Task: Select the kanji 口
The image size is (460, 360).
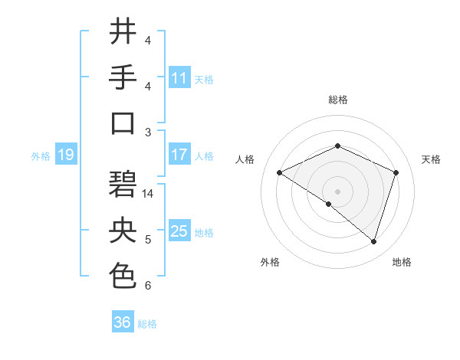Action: pyautogui.click(x=123, y=123)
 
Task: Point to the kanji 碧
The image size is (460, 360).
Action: pyautogui.click(x=123, y=185)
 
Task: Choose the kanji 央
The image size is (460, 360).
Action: pyautogui.click(x=123, y=231)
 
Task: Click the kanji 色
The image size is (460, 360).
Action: pyautogui.click(x=123, y=277)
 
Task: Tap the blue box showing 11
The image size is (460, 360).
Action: pyautogui.click(x=179, y=78)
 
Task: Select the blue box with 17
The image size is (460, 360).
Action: pyautogui.click(x=179, y=155)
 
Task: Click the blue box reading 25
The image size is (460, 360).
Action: pyautogui.click(x=179, y=231)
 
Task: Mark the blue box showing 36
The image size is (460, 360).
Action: pyautogui.click(x=123, y=322)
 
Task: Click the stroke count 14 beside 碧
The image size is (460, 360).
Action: pyautogui.click(x=149, y=193)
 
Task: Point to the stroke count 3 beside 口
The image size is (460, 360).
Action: pyautogui.click(x=148, y=132)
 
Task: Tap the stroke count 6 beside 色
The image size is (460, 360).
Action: pyautogui.click(x=148, y=286)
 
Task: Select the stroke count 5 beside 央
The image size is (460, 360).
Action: pyautogui.click(x=148, y=240)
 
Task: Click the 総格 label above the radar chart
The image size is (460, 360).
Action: pyautogui.click(x=337, y=100)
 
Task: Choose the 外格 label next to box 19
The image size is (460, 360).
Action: pyautogui.click(x=41, y=156)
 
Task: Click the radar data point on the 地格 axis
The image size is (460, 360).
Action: pyautogui.click(x=374, y=242)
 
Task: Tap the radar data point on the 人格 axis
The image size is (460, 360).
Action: pyautogui.click(x=280, y=172)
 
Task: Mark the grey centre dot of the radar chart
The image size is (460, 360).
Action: pyautogui.click(x=337, y=191)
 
